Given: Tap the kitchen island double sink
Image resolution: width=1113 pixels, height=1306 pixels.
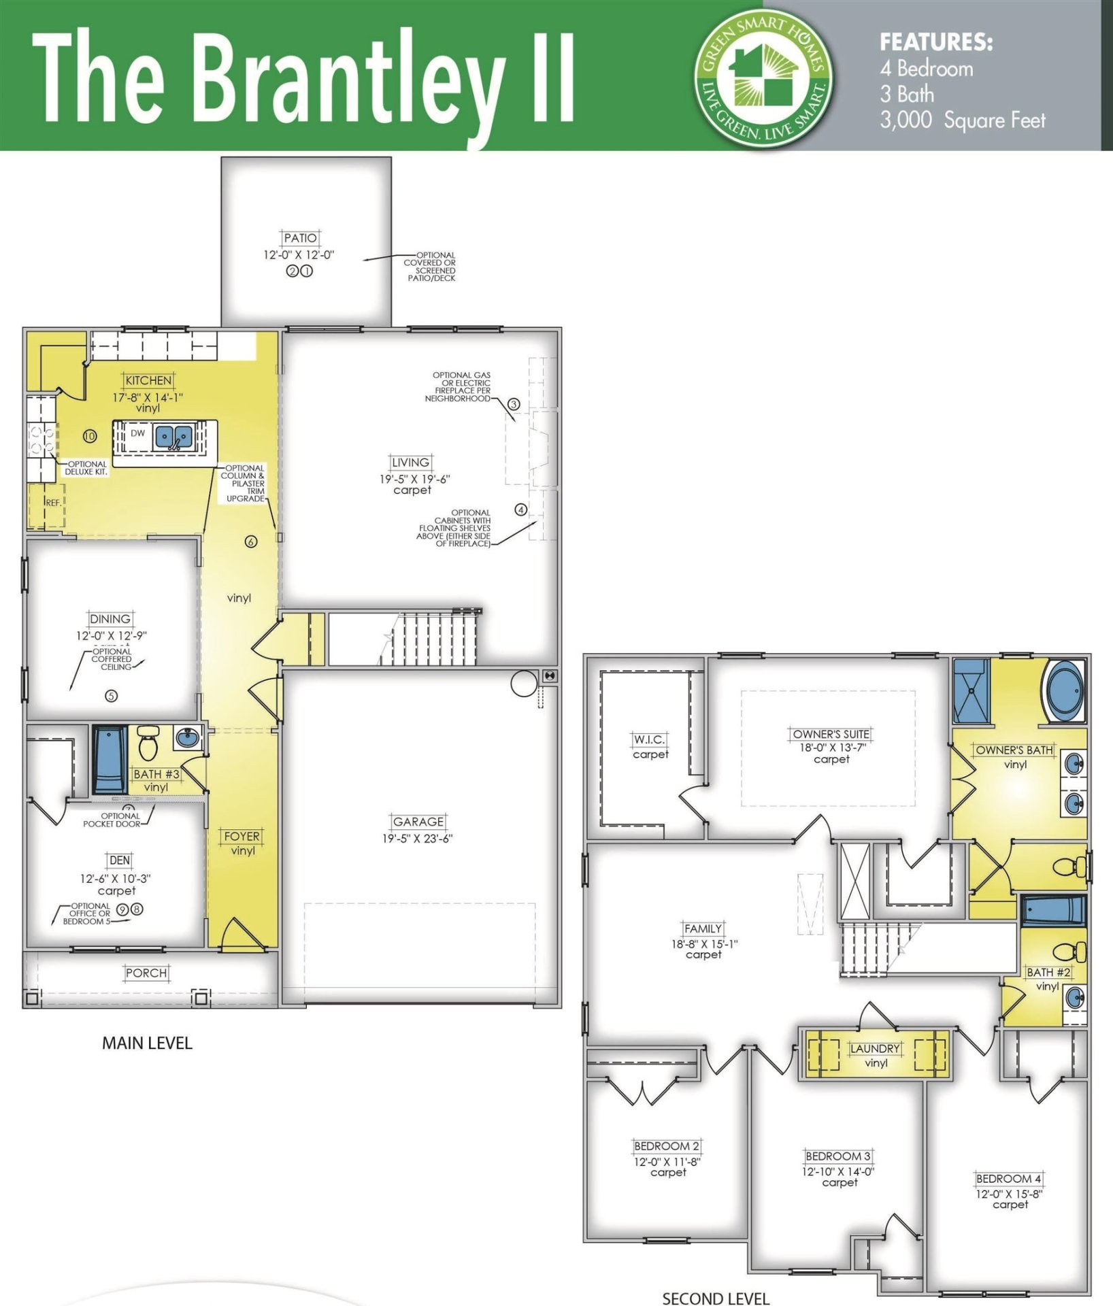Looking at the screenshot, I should [x=175, y=437].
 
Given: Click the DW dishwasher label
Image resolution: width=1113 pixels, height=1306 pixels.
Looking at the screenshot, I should [x=137, y=433].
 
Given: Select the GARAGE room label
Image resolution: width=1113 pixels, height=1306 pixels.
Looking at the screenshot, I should [x=418, y=822].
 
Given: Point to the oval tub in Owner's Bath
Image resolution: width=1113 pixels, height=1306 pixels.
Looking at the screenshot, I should [x=1065, y=691].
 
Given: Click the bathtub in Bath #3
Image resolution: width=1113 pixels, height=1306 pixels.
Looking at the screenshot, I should [x=110, y=759].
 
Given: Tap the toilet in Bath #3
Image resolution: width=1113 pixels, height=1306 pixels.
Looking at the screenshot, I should [x=148, y=743].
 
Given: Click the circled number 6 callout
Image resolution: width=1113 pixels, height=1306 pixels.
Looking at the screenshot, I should [x=251, y=542].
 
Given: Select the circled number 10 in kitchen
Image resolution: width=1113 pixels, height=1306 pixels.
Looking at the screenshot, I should [x=90, y=436].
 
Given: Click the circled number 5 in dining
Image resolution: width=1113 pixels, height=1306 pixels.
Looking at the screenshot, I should [x=111, y=696].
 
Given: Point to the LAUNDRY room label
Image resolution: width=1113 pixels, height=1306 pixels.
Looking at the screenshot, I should [x=875, y=1049].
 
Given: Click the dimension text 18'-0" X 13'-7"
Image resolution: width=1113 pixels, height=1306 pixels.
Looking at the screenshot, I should [x=832, y=747].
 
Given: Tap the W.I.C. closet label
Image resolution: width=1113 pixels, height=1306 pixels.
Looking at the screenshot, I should [x=649, y=739].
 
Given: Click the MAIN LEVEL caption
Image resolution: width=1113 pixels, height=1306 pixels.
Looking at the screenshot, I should [x=147, y=1043].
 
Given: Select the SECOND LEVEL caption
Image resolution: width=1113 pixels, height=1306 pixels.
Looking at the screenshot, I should [x=716, y=1299].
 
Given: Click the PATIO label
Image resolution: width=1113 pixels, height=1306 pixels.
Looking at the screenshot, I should [x=300, y=238].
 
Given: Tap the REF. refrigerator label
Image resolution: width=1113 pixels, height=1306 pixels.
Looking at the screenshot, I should [x=52, y=503].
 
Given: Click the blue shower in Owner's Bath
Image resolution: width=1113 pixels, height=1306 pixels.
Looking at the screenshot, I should [x=971, y=690].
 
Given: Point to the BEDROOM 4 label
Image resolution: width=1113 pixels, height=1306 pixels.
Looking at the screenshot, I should [x=1008, y=1179].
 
